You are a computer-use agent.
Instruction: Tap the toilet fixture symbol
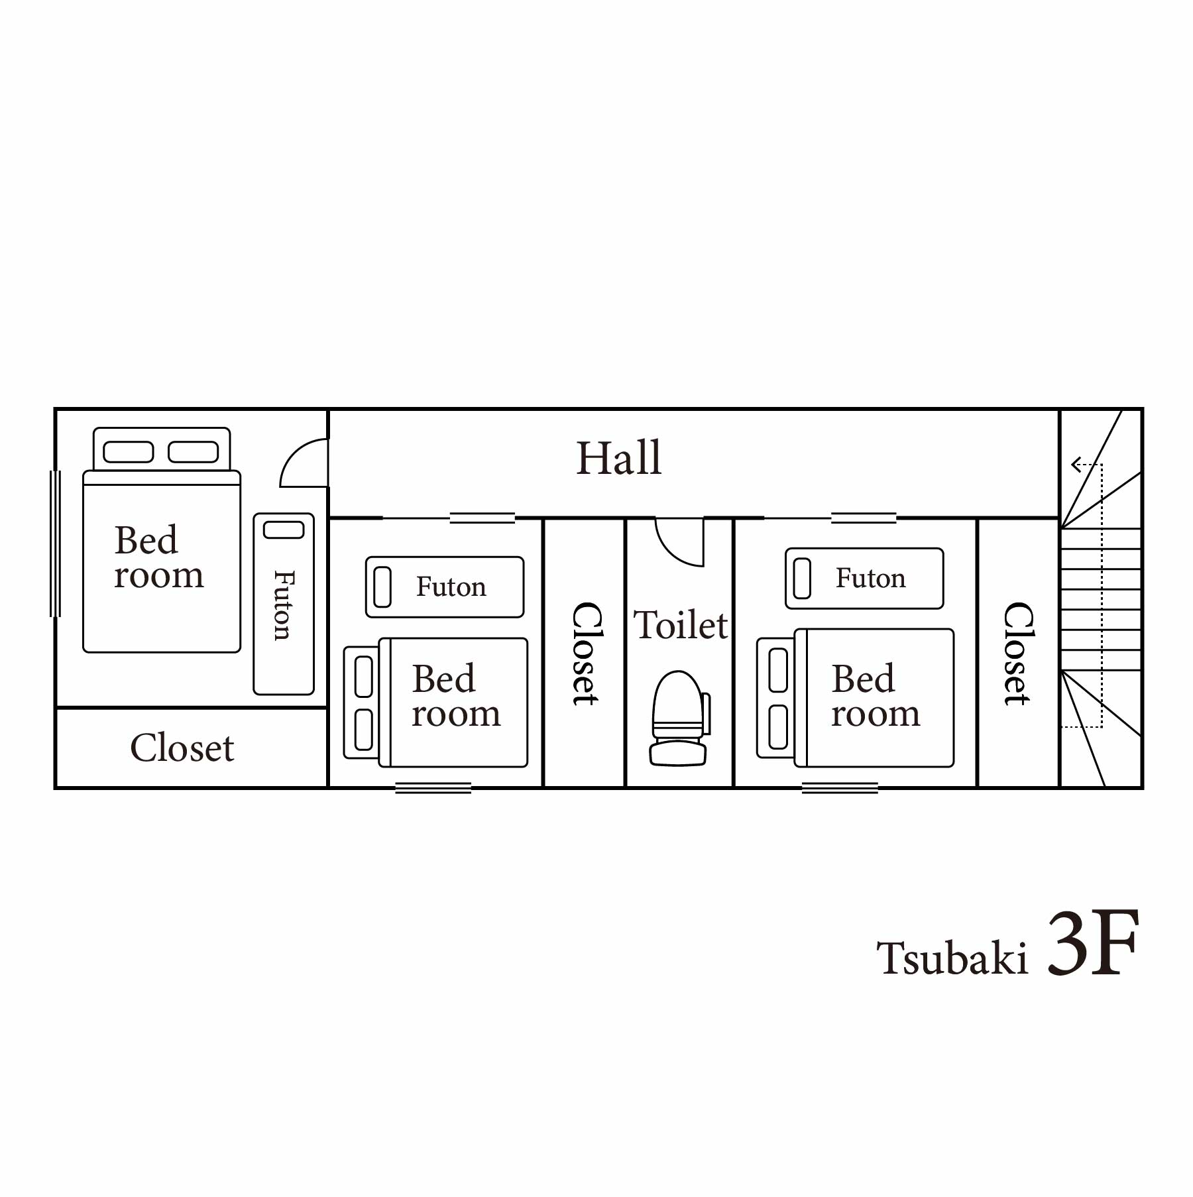point(679,718)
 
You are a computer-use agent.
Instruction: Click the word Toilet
point(681,624)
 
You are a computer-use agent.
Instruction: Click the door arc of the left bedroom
point(292,454)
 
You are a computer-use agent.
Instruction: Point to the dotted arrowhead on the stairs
point(1077,465)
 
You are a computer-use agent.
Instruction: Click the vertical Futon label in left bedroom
point(284,605)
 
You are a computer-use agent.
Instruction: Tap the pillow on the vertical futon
point(284,530)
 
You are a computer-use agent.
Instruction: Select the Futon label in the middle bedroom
point(451,587)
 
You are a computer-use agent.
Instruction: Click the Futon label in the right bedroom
point(870,578)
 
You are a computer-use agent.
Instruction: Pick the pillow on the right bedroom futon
point(802,578)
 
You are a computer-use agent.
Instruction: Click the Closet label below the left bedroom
point(182,748)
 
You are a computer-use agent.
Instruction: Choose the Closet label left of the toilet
point(586,654)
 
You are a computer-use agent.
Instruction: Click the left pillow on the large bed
point(129,452)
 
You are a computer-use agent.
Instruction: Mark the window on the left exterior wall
point(55,543)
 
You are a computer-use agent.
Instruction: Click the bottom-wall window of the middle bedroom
point(433,787)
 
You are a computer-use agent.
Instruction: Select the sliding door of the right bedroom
point(864,518)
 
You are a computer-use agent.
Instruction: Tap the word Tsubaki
point(952,958)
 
